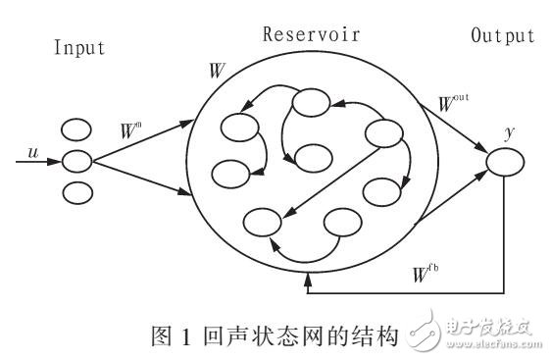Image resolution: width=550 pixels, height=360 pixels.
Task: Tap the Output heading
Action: [x=501, y=36]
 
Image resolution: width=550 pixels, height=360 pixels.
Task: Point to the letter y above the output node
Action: [x=508, y=129]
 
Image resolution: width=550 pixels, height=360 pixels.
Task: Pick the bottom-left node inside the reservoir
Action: [x=260, y=222]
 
